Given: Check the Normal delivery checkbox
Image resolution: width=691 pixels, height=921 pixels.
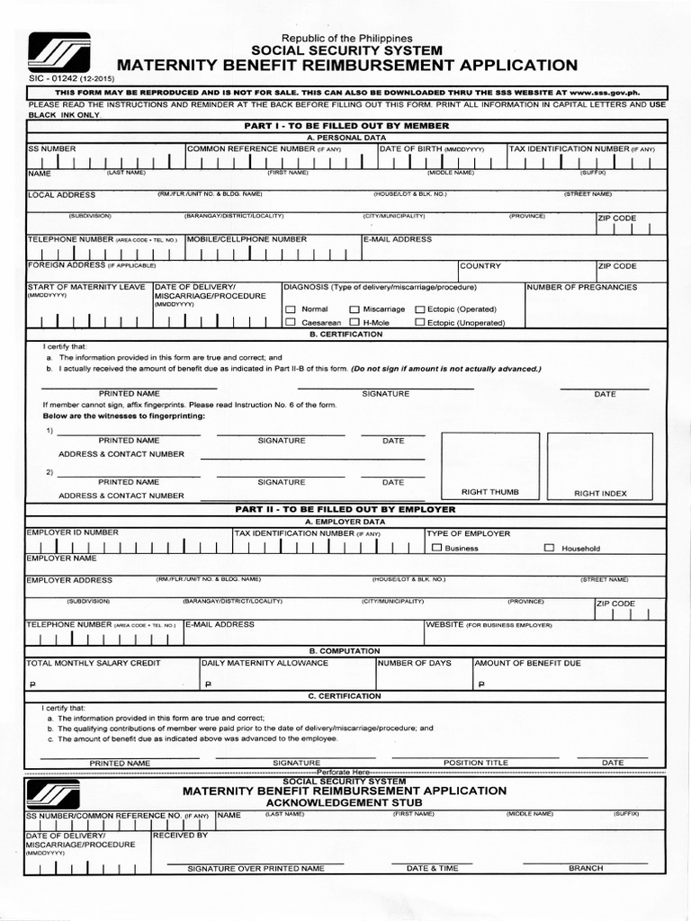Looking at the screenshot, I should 290,309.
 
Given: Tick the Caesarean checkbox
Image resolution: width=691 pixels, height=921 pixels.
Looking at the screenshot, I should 290,322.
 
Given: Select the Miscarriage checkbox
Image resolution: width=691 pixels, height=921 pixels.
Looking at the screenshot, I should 354,309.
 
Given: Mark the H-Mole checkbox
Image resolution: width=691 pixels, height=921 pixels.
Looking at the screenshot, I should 354,322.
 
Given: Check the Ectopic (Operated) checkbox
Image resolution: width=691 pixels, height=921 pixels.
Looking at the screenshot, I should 419,309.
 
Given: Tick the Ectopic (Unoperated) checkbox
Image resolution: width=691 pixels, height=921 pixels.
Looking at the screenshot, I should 419,322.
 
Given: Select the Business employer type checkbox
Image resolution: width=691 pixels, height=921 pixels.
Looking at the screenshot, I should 436,548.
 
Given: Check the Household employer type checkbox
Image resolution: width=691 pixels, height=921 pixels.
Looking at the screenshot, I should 549,548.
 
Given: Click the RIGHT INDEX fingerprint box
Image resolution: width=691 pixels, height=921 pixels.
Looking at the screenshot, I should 600,463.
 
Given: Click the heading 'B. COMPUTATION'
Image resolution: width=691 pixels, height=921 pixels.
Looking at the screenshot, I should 345,650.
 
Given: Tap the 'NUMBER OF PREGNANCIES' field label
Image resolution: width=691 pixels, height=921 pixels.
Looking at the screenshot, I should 581,288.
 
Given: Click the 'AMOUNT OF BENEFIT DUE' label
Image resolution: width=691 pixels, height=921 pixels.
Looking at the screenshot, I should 527,663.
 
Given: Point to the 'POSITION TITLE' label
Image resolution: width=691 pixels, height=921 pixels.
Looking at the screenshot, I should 475,763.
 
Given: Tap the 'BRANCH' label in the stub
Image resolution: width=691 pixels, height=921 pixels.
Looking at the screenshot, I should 585,869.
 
